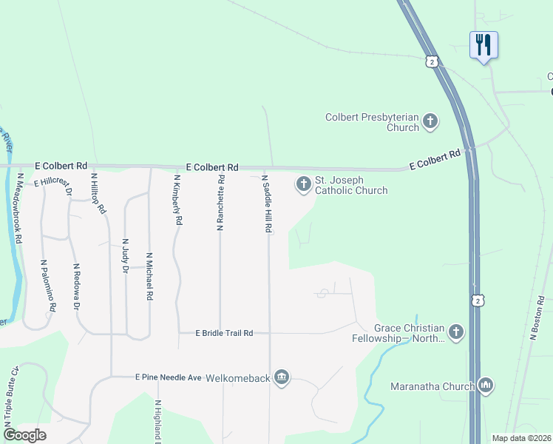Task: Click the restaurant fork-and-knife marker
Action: point(484,44)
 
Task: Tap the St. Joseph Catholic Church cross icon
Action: point(303,184)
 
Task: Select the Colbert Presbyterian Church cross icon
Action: point(430,121)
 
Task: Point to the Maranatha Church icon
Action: point(486,385)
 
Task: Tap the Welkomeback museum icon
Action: point(281,378)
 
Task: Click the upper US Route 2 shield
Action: point(431,61)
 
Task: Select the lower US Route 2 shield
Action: point(478,300)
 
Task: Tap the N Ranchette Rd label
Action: point(220,203)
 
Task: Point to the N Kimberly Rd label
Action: point(177,200)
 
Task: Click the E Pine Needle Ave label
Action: point(168,377)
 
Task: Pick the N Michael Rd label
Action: point(149,276)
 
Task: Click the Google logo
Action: point(24,435)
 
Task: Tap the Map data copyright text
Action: point(520,438)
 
